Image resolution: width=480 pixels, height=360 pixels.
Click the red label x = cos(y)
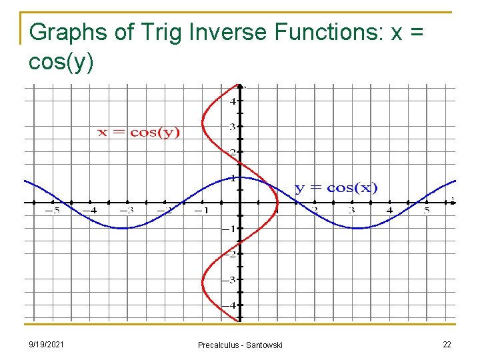(x=139, y=132)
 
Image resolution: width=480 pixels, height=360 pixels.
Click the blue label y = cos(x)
(x=336, y=188)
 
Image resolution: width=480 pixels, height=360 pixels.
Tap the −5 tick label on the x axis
(x=52, y=211)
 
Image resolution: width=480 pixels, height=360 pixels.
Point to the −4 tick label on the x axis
(x=89, y=211)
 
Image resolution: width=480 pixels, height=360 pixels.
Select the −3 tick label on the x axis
(x=126, y=211)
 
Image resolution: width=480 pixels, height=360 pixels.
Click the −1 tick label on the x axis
(x=200, y=211)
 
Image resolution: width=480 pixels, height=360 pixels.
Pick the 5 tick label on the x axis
(x=426, y=211)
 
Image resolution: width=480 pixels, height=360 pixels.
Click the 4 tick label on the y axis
(x=232, y=101)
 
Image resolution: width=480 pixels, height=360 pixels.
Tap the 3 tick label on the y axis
(x=232, y=127)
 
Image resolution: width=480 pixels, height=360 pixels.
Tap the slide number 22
(x=446, y=344)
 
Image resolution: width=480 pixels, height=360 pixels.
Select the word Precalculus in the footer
(x=218, y=345)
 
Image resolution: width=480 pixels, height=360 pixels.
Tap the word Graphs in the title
(x=63, y=32)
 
